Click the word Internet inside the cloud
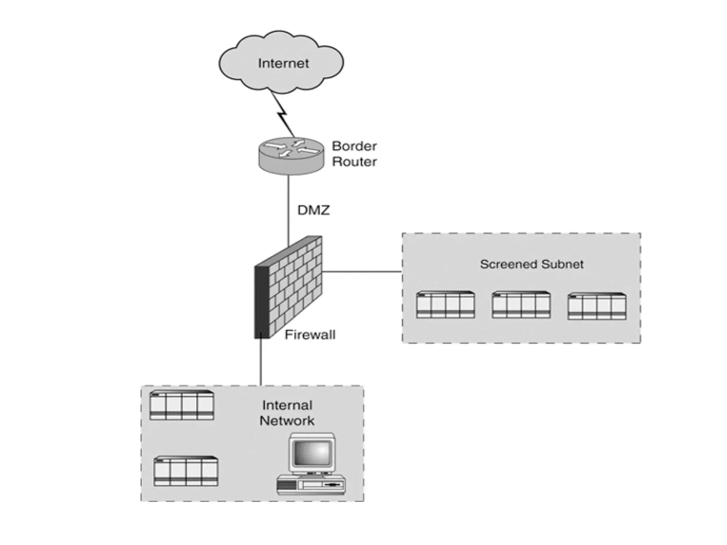[283, 64]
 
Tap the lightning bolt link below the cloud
[283, 115]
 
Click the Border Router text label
[354, 154]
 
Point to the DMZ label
[313, 210]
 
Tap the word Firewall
[310, 335]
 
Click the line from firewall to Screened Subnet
[362, 272]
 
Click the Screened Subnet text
[531, 264]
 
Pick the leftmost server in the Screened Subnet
[445, 305]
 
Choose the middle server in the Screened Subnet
[521, 305]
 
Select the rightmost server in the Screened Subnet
[597, 306]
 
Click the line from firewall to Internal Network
[261, 362]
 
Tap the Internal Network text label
[287, 413]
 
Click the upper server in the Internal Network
[181, 405]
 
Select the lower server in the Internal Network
[186, 471]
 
